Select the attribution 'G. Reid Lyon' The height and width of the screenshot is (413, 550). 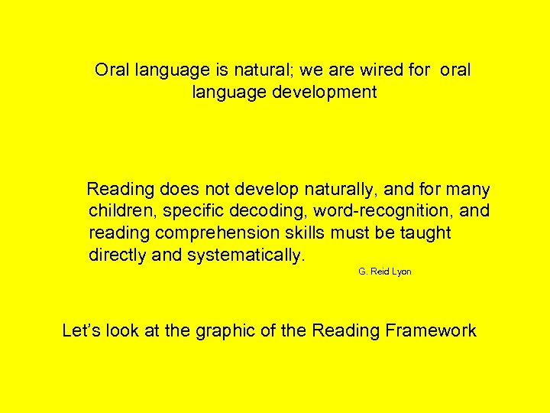(x=385, y=272)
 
